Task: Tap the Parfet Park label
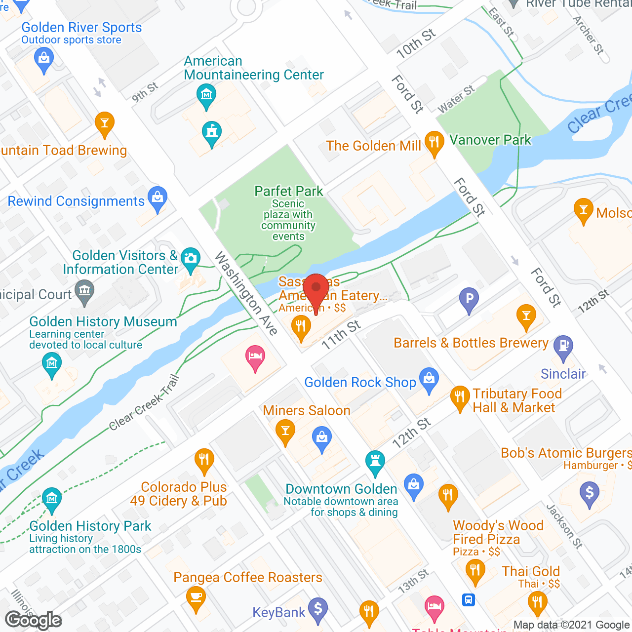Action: click(289, 191)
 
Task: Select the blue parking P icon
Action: click(469, 299)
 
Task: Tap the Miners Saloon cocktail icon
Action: click(285, 430)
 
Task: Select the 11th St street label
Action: click(341, 334)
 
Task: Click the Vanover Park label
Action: click(490, 140)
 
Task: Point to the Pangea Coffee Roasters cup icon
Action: click(196, 597)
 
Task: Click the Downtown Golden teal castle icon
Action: click(375, 462)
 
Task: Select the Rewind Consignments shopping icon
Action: click(158, 198)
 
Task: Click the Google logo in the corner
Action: click(34, 620)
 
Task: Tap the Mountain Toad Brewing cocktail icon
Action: click(105, 122)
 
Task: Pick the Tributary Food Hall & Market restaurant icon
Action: click(460, 397)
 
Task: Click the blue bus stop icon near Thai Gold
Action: click(469, 599)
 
